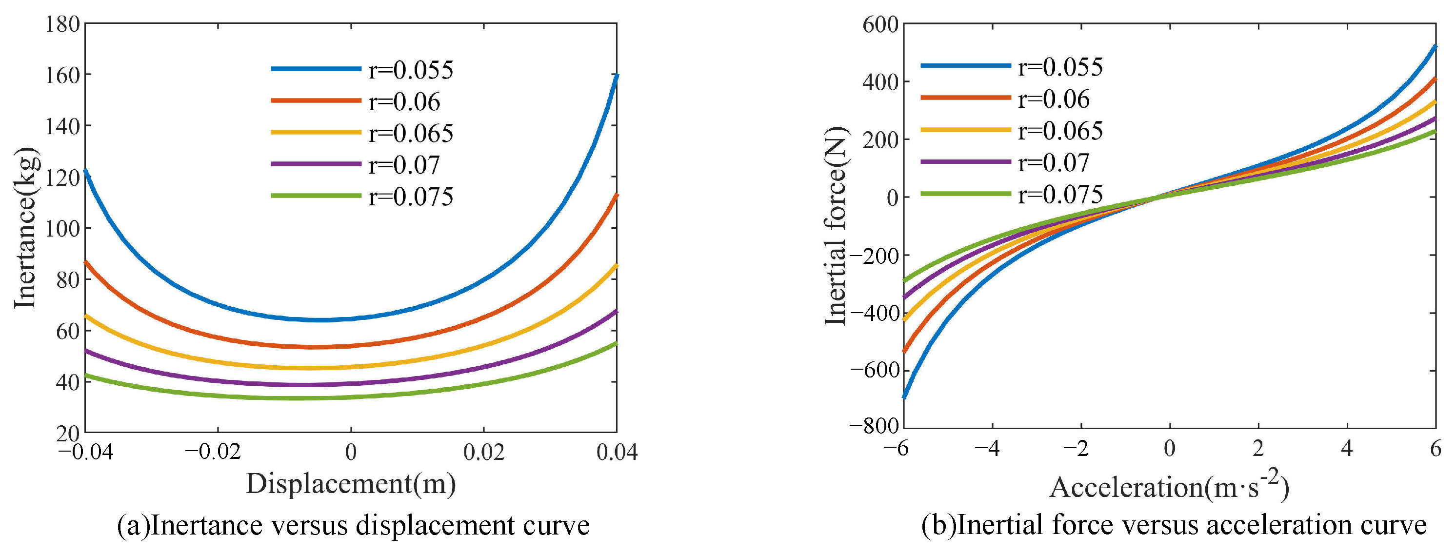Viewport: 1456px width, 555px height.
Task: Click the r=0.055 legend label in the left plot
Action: click(410, 70)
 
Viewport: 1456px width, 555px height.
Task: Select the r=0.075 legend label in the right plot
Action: click(1060, 195)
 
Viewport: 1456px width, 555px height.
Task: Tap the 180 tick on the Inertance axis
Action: click(62, 24)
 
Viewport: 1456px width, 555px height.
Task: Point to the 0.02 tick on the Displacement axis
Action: click(483, 452)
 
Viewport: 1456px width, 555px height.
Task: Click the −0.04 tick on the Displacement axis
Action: click(86, 452)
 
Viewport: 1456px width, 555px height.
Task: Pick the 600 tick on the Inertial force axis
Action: click(879, 25)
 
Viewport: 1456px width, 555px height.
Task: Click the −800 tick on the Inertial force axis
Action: click(874, 426)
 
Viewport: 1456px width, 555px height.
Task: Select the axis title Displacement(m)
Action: click(350, 484)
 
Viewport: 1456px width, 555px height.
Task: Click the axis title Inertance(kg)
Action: click(25, 228)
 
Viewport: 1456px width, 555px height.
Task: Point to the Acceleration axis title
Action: click(1169, 487)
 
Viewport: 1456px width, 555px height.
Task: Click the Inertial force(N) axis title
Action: click(836, 226)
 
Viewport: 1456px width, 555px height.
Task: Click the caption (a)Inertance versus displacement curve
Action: click(353, 526)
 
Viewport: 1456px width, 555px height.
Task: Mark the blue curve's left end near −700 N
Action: click(904, 397)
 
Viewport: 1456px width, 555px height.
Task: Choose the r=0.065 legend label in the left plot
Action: click(410, 133)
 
